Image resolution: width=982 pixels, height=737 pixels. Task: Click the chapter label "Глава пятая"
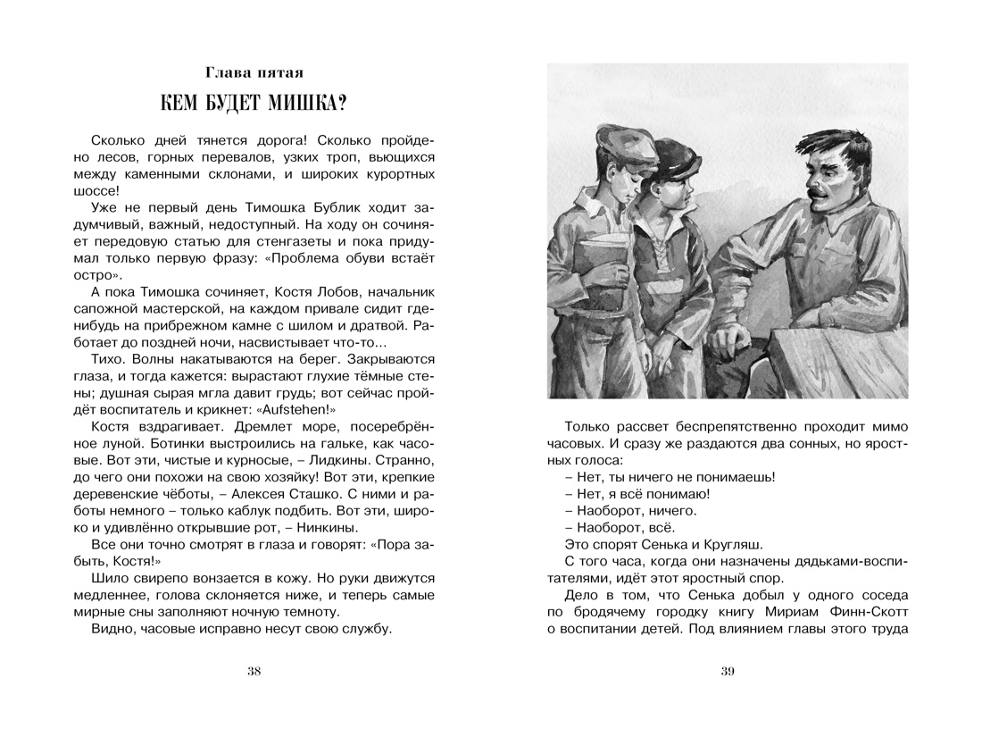coord(254,71)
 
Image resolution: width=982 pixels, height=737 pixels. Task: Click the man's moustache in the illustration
coord(818,191)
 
